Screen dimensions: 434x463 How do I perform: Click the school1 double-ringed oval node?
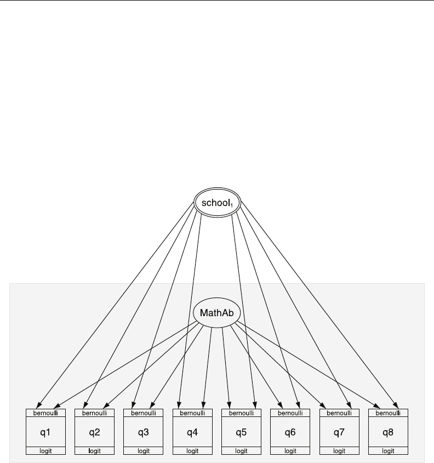[218, 203]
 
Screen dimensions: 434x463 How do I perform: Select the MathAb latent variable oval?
[218, 314]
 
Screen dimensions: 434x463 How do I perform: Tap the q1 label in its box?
[45, 433]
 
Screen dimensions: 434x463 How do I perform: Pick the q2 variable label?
[94, 433]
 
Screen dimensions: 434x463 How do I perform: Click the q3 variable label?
[143, 433]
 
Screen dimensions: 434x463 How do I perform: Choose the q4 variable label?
[192, 433]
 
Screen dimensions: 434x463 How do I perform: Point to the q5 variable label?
[241, 433]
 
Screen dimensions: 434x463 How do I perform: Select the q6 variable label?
[290, 433]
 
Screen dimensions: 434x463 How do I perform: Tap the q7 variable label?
[339, 433]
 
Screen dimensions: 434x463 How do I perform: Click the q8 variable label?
[388, 433]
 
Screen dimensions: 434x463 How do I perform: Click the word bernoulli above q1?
[45, 413]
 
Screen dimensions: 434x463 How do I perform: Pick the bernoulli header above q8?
[388, 413]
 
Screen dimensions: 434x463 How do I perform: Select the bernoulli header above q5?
[241, 413]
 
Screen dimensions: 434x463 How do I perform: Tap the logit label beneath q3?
[143, 451]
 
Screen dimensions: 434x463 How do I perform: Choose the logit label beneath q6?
[290, 451]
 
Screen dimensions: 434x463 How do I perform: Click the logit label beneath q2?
[94, 451]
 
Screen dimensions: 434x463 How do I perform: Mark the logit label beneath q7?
[339, 451]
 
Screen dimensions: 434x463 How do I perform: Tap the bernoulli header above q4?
[192, 413]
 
